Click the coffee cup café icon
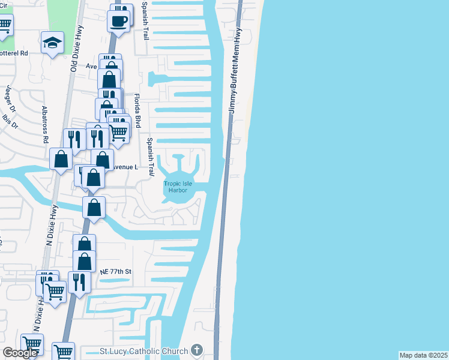click(118, 22)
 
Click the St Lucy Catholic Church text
click(143, 350)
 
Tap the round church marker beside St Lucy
click(197, 350)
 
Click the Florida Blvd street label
click(137, 110)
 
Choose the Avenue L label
click(125, 167)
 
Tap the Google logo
click(20, 353)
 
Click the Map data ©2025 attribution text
click(423, 355)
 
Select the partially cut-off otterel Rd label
click(14, 53)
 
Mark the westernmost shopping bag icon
click(61, 159)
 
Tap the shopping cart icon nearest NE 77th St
click(55, 292)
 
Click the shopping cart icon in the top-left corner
click(4, 25)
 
